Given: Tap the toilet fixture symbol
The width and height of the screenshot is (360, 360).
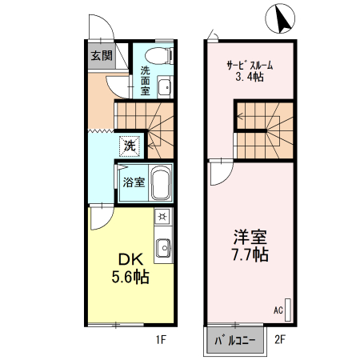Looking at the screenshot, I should click(x=159, y=54).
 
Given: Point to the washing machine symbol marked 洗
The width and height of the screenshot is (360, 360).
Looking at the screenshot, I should click(x=129, y=146).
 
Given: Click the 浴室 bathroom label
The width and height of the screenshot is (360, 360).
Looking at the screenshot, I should click(x=133, y=182).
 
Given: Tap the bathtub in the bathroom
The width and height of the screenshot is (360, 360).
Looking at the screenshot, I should click(x=161, y=185).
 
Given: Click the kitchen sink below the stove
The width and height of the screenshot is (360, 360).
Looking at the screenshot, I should click(x=162, y=249).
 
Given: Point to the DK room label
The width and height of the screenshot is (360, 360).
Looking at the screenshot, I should click(x=131, y=260).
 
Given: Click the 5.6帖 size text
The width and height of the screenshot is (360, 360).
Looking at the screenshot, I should click(x=130, y=278).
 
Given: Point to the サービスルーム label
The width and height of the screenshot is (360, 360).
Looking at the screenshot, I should click(x=250, y=66).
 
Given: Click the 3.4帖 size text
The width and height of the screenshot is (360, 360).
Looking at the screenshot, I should click(x=250, y=78).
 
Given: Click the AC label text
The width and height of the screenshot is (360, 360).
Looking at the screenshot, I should click(x=278, y=310).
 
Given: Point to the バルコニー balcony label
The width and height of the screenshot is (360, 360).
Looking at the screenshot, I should click(x=234, y=341).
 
